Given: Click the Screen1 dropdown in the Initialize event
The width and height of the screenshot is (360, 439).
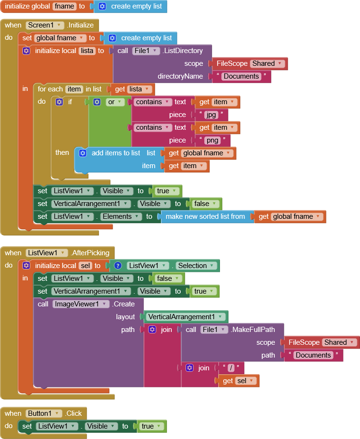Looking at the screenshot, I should coord(45,25).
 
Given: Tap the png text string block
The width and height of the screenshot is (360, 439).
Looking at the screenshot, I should coord(211,140).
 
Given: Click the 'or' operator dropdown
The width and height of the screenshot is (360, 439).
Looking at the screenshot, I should coord(115,102).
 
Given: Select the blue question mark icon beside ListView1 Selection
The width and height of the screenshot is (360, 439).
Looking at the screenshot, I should coord(118,266).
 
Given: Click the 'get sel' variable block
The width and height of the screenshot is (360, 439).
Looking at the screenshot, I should coord(240,381).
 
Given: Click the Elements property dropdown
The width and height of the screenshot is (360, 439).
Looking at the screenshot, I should coord(121,216).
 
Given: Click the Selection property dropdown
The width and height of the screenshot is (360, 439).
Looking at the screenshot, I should coord(195,266).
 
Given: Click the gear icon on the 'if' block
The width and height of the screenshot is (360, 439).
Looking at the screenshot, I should coord(59,102).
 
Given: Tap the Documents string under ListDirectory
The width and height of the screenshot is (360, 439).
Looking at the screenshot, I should coord(241,76).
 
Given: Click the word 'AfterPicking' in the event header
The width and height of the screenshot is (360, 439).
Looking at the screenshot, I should coord(91,253).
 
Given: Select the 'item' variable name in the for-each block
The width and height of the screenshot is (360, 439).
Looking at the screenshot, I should coord(74,89).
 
